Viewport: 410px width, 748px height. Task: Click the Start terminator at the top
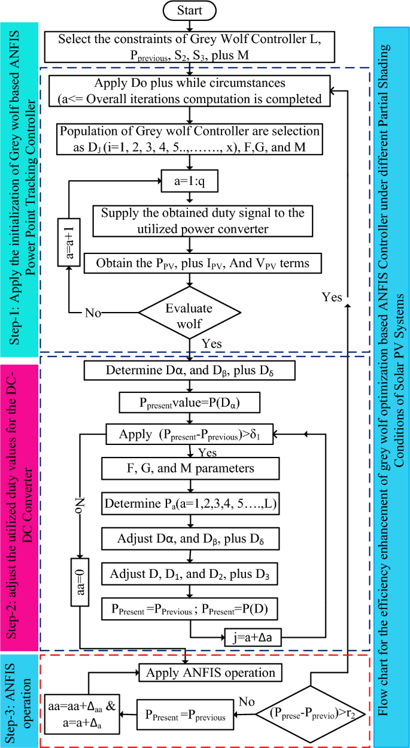[x=190, y=11]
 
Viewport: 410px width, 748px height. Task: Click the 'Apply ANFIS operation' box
[x=211, y=673]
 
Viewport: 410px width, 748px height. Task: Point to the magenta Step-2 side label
[x=21, y=503]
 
